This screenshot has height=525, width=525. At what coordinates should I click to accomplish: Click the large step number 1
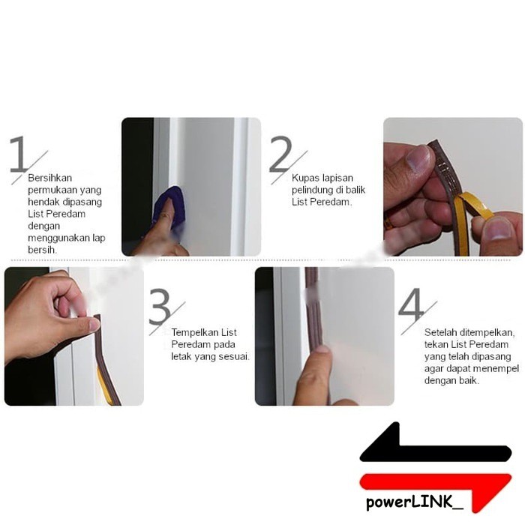(19, 154)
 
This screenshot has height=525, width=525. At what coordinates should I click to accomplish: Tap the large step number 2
(280, 154)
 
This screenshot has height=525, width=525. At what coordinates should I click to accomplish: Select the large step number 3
(160, 307)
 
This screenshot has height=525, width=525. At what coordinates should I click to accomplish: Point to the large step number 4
(412, 304)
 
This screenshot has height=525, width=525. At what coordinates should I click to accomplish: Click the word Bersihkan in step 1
(50, 178)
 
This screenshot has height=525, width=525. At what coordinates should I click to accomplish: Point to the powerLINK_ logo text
(415, 502)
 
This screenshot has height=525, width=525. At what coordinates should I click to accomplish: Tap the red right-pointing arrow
(435, 486)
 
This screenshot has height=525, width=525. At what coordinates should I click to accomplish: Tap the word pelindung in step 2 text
(313, 190)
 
